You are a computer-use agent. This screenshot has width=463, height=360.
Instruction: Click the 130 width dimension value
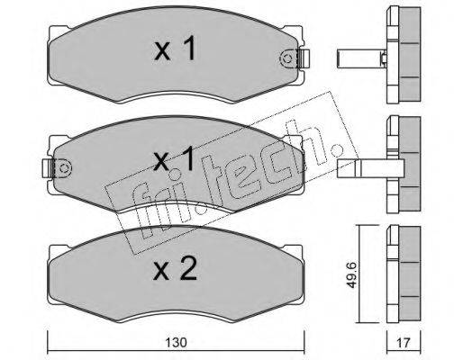[176, 342]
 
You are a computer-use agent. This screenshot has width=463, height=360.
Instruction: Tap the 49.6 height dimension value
[351, 274]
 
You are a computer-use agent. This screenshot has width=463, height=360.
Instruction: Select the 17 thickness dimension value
[404, 342]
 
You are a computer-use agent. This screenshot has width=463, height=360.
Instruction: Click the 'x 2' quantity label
[175, 269]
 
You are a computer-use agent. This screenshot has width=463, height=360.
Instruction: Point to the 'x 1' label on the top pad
[175, 48]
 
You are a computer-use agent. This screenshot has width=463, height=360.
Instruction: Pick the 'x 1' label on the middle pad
[174, 159]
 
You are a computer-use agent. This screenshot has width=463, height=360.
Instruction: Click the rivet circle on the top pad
[287, 58]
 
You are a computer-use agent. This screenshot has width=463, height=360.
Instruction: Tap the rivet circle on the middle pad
[64, 167]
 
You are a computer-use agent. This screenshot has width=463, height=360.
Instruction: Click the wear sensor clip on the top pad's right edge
[304, 58]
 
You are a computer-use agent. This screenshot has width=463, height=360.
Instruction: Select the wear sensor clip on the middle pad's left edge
[48, 168]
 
